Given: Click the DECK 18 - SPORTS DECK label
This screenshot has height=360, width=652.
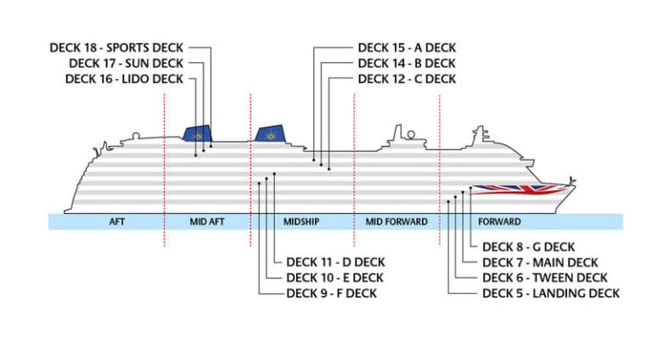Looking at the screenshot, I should point(116,48).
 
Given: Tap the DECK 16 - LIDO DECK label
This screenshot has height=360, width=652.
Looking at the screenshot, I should point(123,79).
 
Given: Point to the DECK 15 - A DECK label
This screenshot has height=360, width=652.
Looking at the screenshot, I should point(407,48).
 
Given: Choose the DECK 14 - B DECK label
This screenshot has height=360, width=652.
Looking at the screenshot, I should point(407,64).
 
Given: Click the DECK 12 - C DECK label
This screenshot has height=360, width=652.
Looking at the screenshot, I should point(407,79).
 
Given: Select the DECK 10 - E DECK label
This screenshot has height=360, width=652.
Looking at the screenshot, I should point(334,278).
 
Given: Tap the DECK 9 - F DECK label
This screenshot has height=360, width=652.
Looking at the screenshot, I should point(332,294).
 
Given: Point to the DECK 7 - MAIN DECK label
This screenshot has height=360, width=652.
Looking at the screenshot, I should point(539,262).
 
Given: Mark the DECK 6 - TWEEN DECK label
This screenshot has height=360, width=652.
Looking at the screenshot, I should point(544,278).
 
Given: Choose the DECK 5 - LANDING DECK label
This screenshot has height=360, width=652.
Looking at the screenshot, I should point(550,294).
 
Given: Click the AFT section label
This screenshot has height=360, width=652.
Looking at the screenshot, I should point(117,222).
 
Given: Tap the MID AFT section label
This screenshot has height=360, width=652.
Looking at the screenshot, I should point(207,222).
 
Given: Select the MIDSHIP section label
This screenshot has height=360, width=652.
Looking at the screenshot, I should point(301,222).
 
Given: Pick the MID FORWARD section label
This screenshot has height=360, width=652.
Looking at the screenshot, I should point(396,222).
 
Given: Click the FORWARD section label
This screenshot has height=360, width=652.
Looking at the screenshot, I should point(499,222).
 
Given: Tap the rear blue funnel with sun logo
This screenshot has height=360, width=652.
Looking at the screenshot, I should point(198,134).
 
